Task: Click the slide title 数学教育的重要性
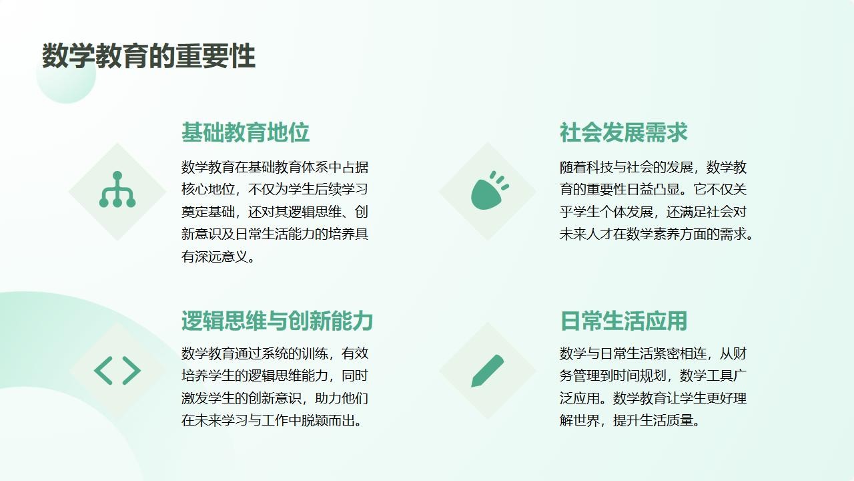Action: pos(149,56)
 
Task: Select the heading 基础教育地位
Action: pos(245,132)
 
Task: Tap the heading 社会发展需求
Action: pos(623,132)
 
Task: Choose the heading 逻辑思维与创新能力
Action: pos(277,321)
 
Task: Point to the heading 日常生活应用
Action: pos(624,321)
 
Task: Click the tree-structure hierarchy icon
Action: pos(117,190)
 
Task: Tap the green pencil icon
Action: pos(488,371)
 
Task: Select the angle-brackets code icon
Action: pos(117,370)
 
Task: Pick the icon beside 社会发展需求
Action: pos(490,190)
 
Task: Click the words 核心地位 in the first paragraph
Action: pos(207,189)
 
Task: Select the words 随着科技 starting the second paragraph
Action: pos(586,167)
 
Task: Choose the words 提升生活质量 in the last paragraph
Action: pos(653,420)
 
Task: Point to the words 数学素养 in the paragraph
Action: pos(653,234)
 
